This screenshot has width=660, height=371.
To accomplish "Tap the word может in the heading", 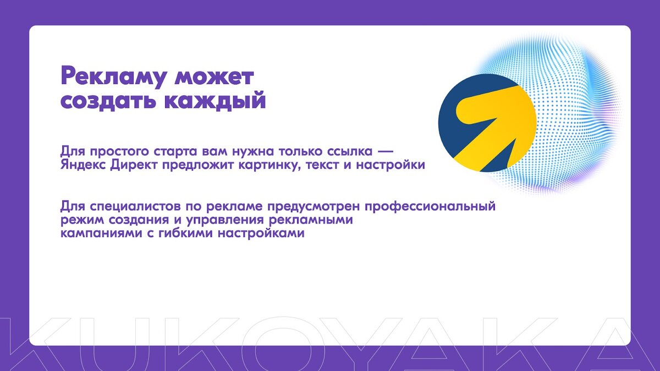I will tap(214, 77).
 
